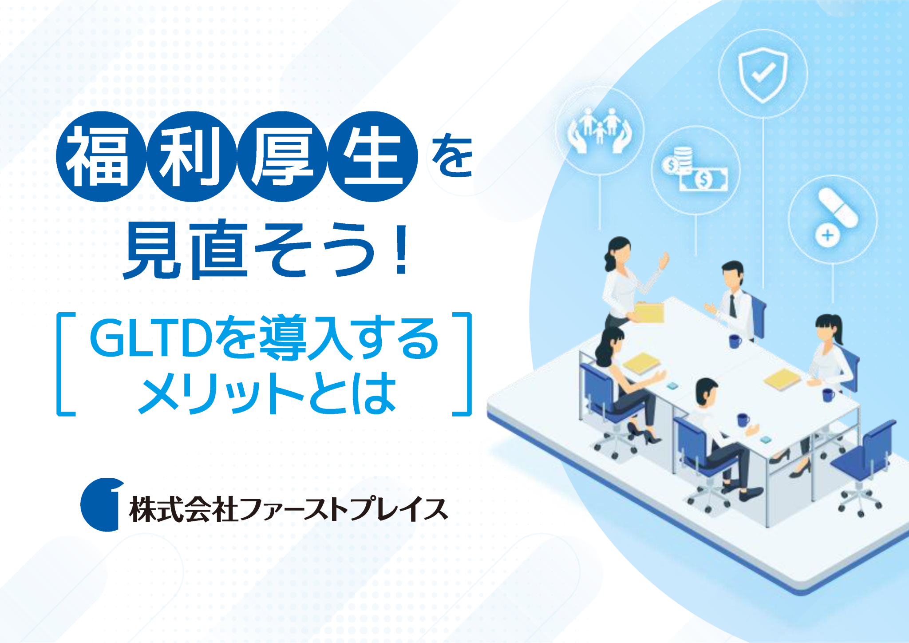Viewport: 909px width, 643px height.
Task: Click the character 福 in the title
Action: click(100, 157)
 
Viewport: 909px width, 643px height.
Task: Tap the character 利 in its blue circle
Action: click(191, 157)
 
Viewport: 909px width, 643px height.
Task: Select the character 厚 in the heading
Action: click(282, 157)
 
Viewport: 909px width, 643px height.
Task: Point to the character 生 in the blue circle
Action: click(373, 157)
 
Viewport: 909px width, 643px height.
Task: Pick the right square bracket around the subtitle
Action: click(463, 364)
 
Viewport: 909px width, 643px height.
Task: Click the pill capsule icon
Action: click(838, 207)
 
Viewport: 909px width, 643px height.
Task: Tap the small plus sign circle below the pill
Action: click(827, 235)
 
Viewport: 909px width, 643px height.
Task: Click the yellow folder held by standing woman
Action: click(650, 312)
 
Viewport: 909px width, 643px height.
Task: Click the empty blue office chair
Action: click(866, 462)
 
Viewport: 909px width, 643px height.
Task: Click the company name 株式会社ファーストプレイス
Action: click(288, 509)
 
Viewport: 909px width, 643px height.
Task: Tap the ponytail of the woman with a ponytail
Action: click(839, 329)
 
